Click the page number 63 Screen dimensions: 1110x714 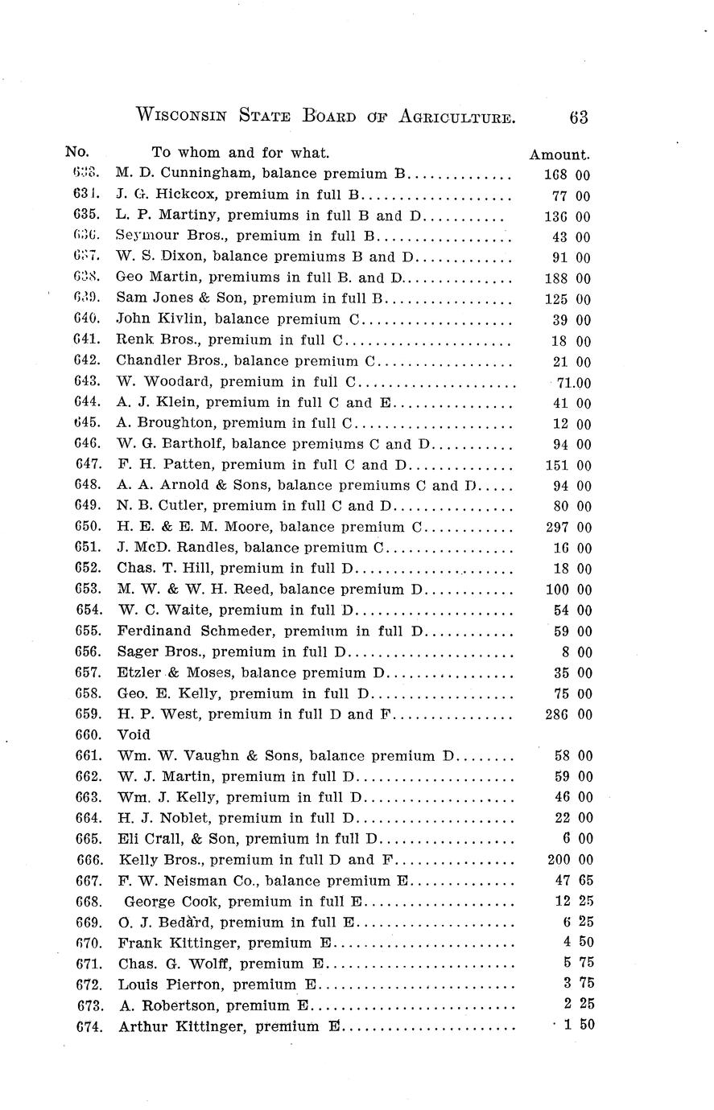pyautogui.click(x=578, y=117)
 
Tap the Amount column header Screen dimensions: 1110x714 pyautogui.click(x=559, y=154)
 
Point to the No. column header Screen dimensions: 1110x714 pyautogui.click(x=77, y=151)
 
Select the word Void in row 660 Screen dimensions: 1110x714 pyautogui.click(x=134, y=734)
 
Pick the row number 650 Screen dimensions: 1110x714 pyautogui.click(x=87, y=527)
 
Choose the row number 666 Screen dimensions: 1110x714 pyautogui.click(x=89, y=860)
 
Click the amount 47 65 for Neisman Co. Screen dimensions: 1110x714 pyautogui.click(x=573, y=881)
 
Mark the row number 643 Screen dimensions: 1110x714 pyautogui.click(x=87, y=381)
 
